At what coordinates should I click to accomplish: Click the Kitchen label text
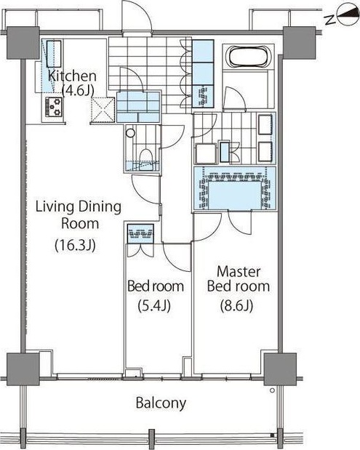pos(72,76)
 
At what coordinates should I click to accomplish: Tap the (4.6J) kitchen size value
pos(78,90)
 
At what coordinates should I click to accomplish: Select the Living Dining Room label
pos(79,214)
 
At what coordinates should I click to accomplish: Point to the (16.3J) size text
pos(75,245)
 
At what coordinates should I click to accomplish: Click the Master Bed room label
pos(239,278)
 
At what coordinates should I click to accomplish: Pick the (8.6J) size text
pos(236,305)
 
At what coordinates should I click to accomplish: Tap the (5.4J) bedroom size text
pos(154,305)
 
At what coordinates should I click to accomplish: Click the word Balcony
pos(161,403)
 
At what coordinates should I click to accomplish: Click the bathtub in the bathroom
pos(248,56)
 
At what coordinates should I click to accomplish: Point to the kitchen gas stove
pos(54,107)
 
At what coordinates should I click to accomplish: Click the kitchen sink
pos(54,54)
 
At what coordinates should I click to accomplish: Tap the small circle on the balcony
pos(272,390)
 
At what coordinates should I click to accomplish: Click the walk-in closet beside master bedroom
pos(235,189)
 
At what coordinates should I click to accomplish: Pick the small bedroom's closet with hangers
pos(140,233)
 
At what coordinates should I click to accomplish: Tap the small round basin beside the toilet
pos(130,133)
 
